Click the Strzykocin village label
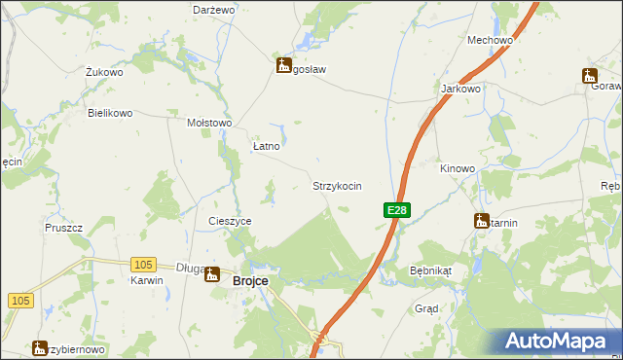pos(337,185)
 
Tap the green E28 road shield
pos(396,210)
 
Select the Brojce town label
pos(252,280)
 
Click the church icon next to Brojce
pos(212,274)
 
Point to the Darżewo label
pos(214,9)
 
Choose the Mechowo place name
pos(490,40)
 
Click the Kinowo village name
pos(457,168)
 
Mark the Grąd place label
pos(426,308)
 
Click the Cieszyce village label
pos(230,221)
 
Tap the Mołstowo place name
pos(208,123)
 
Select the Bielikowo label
pos(110,113)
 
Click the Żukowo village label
pos(103,72)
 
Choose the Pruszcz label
pos(63,228)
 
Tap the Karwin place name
pos(146,279)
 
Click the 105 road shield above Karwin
pos(144,264)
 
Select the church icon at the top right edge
pos(590,74)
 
